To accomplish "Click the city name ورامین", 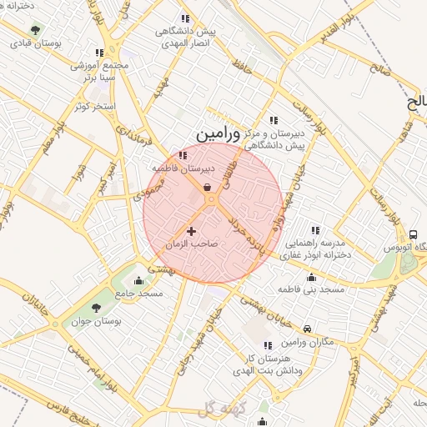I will (x=219, y=133).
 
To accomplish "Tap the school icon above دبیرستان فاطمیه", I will (x=183, y=154).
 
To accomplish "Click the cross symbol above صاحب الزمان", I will (x=192, y=231).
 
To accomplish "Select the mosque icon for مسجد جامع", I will (x=138, y=280).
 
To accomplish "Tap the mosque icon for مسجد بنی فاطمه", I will (x=312, y=277).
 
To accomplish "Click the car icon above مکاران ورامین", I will (x=308, y=330).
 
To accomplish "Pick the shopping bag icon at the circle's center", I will (x=207, y=188).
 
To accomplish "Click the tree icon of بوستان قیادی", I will (x=35, y=30).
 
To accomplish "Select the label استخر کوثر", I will (x=94, y=106).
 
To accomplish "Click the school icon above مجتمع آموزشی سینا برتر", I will (x=100, y=53).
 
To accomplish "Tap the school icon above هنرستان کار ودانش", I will (x=268, y=345).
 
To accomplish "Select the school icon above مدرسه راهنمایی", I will (x=315, y=230).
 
